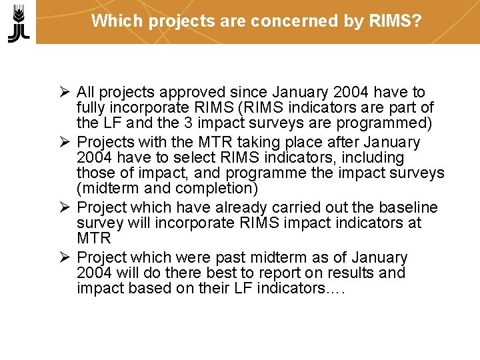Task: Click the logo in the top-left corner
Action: [19, 23]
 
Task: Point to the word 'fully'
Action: [91, 107]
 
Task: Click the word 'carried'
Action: [309, 207]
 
